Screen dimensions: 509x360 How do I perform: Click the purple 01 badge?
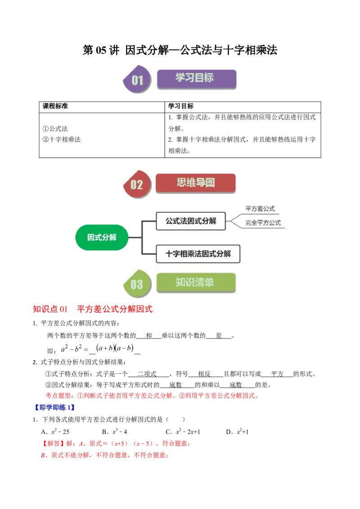137,80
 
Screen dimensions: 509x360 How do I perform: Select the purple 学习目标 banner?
196,79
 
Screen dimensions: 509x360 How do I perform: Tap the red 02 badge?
136,184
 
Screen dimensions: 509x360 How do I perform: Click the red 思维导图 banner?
196,183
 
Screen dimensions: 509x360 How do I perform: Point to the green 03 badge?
136,284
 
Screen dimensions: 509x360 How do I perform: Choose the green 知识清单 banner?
196,283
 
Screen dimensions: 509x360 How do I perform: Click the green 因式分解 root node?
102,237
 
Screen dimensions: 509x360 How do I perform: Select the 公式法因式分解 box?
190,221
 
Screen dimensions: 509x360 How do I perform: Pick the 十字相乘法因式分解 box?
198,254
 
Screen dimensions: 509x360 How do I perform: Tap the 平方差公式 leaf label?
260,209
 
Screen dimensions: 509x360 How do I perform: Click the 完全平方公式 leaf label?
263,223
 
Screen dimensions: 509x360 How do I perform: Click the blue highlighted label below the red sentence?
54,408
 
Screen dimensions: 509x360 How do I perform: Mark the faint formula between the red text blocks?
97,348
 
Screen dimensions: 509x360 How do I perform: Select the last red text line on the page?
104,455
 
